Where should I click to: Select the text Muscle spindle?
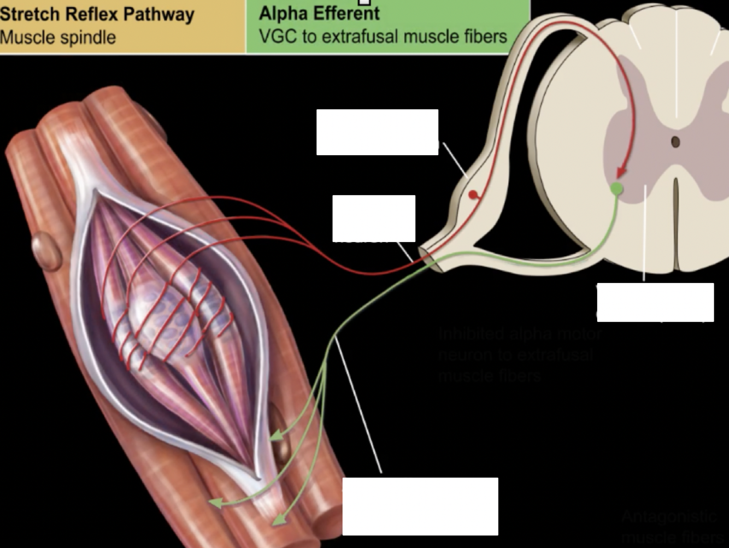(x=58, y=38)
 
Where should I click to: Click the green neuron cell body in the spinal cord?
(x=616, y=189)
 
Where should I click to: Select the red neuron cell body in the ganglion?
(x=473, y=195)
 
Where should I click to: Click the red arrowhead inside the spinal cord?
(x=620, y=173)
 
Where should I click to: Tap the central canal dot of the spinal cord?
(x=675, y=142)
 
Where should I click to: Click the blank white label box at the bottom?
(x=420, y=506)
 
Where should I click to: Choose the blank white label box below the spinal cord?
(x=655, y=302)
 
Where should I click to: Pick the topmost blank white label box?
(x=377, y=132)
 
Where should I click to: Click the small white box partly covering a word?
(x=374, y=218)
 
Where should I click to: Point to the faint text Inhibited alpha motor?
(x=520, y=334)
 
